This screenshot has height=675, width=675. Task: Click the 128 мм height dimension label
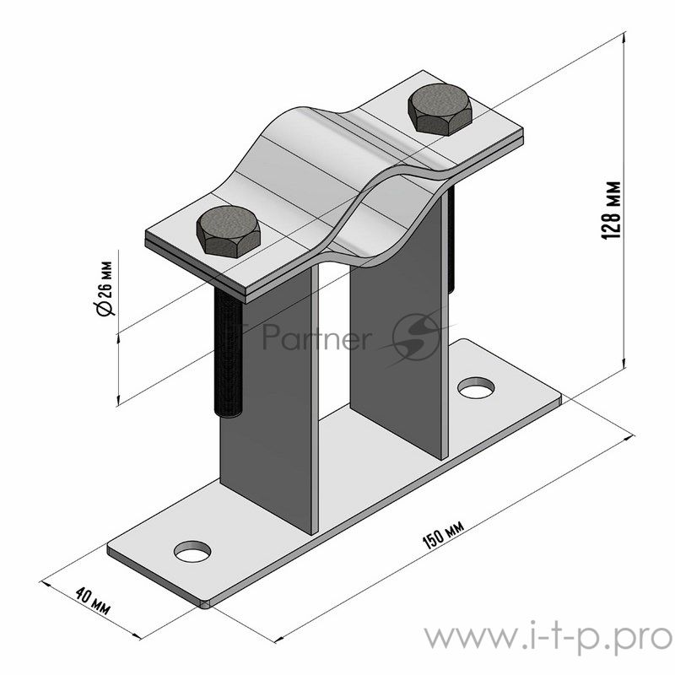tap(611, 210)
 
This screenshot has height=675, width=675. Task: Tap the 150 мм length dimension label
tap(443, 535)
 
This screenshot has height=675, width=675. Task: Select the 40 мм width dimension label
tap(93, 601)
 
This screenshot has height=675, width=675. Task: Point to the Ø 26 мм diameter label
tap(105, 289)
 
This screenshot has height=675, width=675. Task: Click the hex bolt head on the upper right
tap(440, 110)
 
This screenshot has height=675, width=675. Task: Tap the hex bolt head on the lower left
tap(228, 231)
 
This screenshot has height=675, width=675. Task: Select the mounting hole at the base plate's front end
tap(192, 552)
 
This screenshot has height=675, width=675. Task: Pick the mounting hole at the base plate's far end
tap(476, 388)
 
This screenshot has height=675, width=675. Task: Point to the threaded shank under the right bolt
tap(451, 241)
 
